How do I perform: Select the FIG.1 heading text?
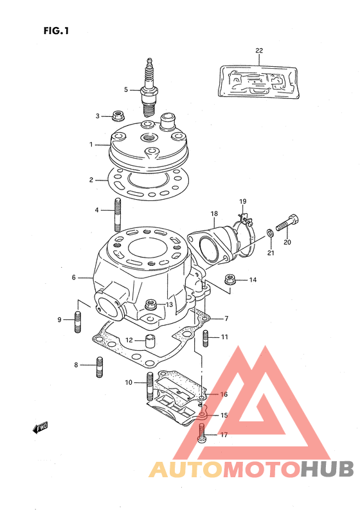pos(56,31)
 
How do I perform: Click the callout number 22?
pos(259,50)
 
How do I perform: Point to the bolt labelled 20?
pos(287,223)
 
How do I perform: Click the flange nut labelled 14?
pos(230,279)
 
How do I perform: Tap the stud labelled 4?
pos(118,215)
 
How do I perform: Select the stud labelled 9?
pos(78,322)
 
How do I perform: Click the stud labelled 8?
pos(100,367)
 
